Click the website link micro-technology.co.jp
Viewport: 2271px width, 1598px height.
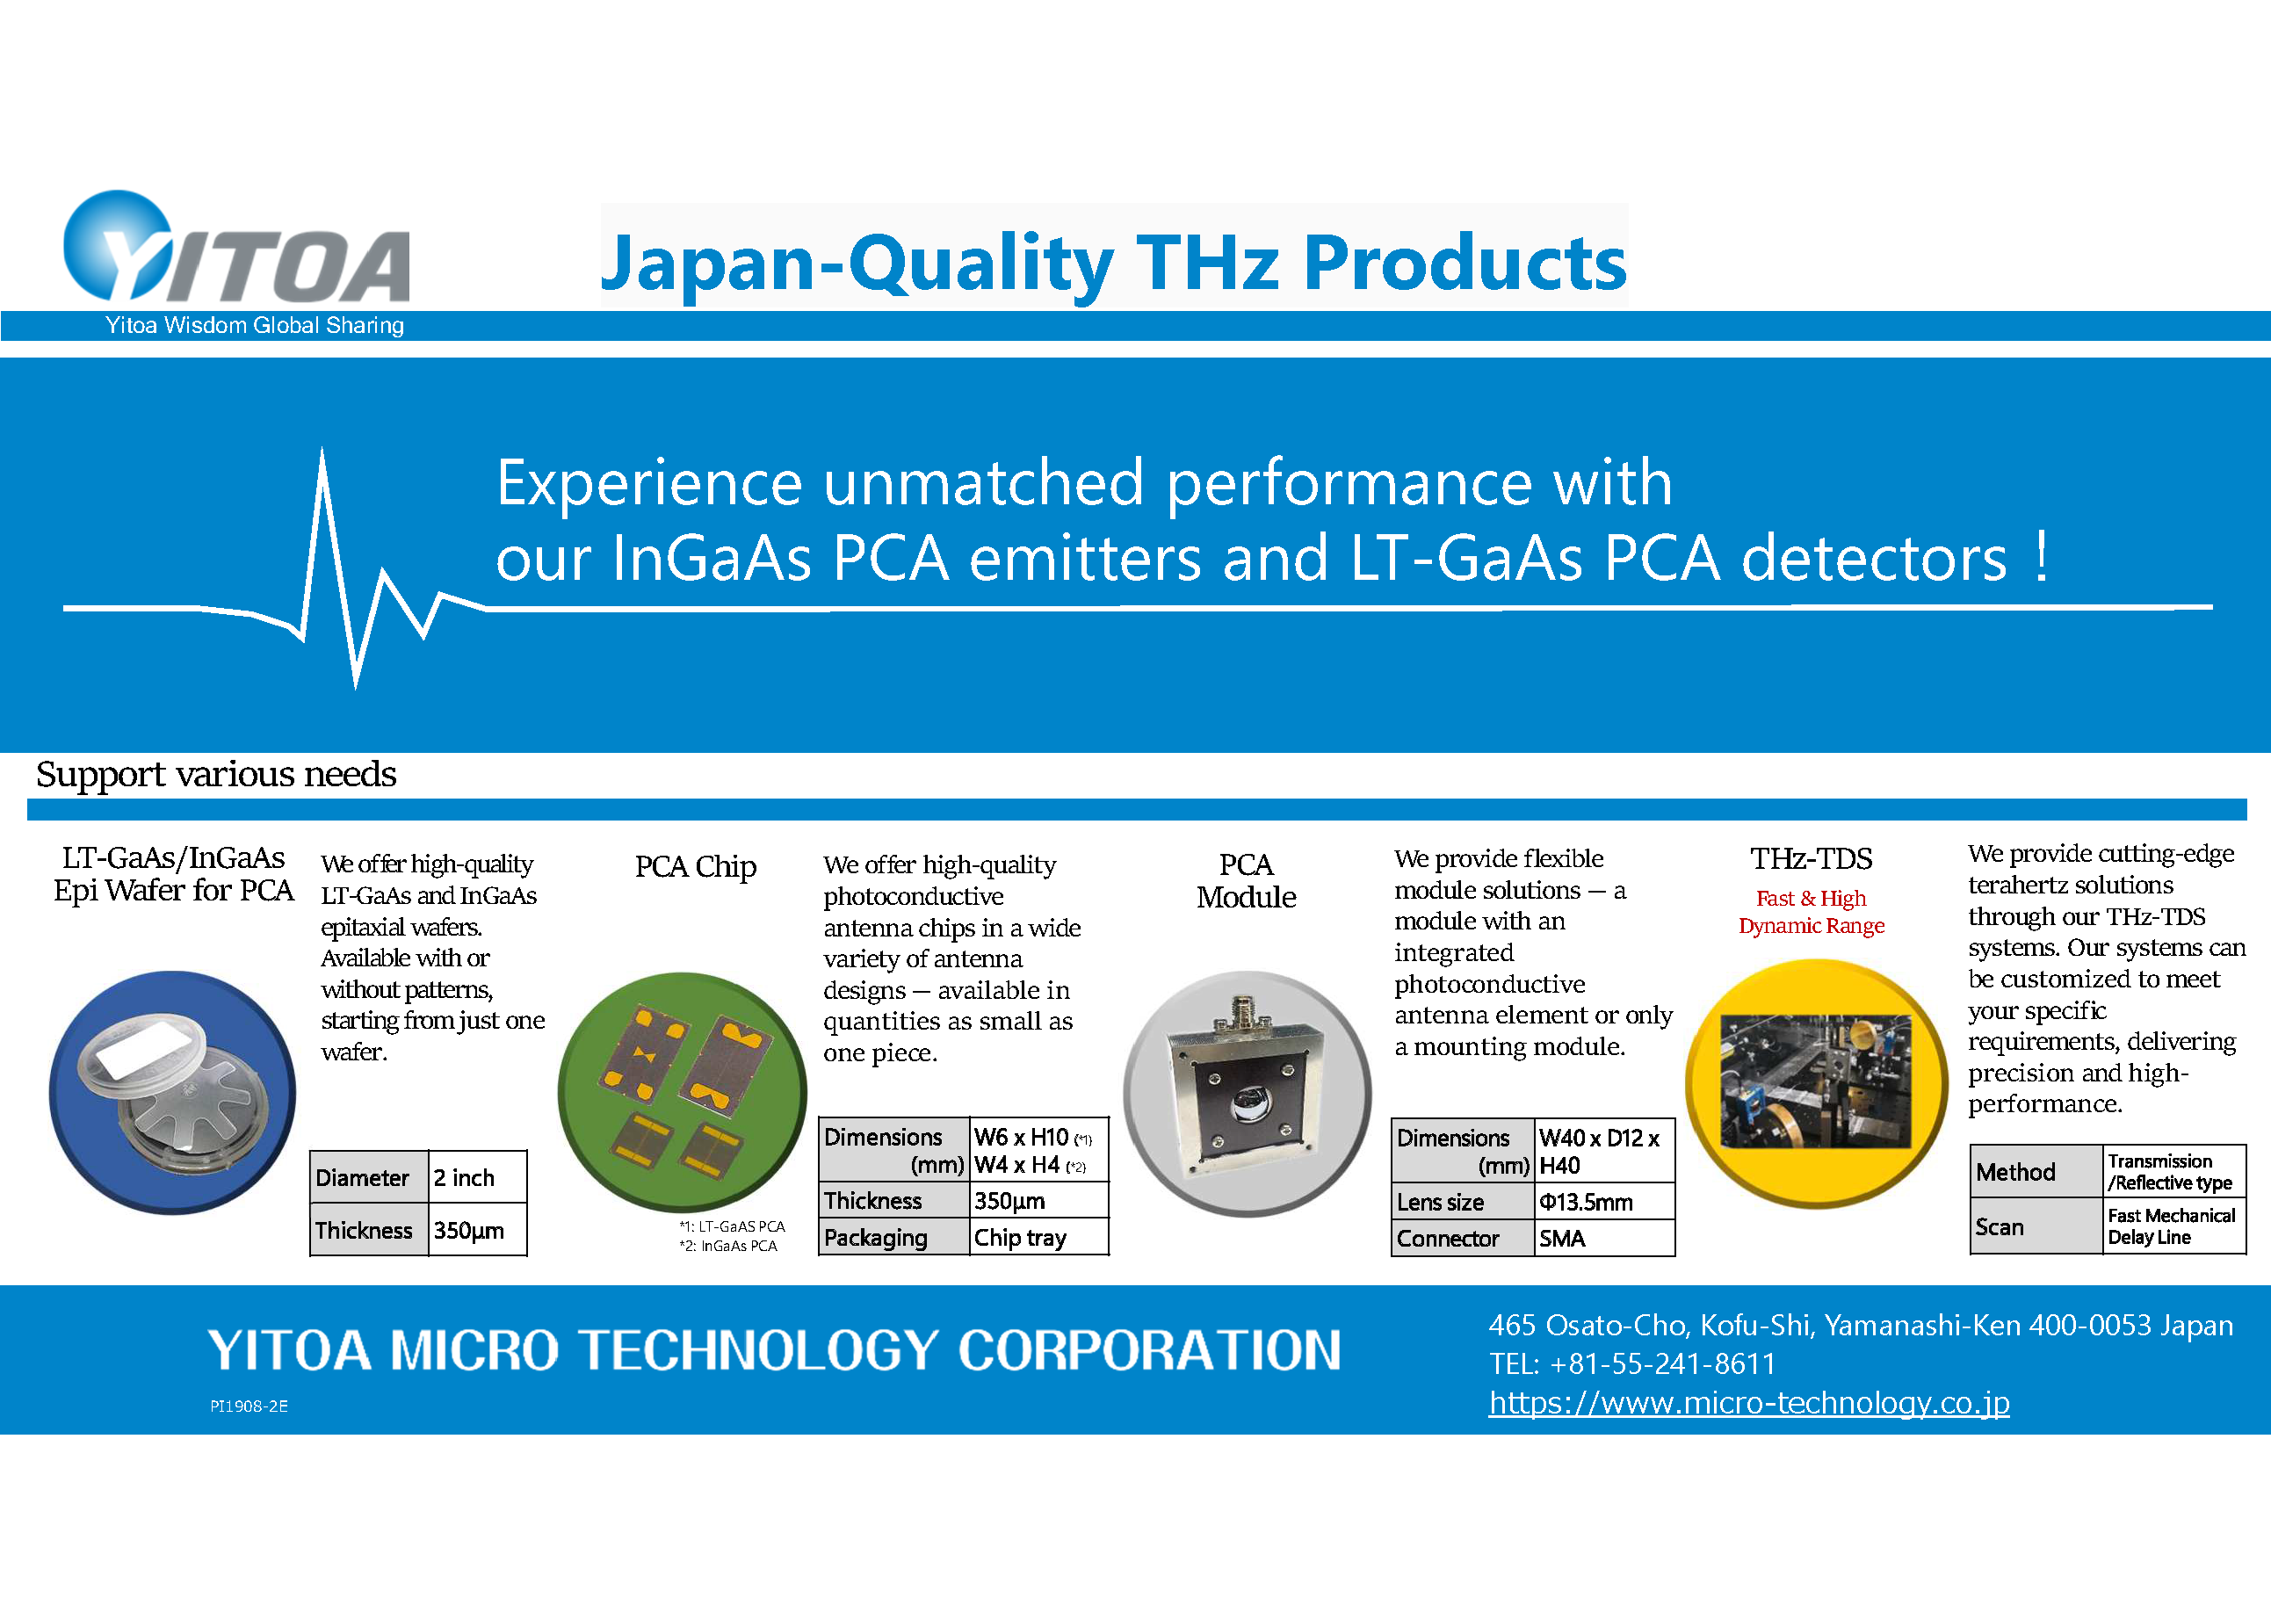1749,1402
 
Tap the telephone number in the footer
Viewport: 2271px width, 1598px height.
1633,1363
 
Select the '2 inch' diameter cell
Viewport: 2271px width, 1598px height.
477,1176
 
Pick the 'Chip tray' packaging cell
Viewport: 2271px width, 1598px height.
1038,1237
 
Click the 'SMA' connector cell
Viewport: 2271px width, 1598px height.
1604,1238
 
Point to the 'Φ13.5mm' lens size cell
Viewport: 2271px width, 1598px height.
1604,1202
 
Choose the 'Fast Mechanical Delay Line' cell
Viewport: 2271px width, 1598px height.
2173,1226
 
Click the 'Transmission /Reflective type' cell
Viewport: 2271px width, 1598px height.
2173,1172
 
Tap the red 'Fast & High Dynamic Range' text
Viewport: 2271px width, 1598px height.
1811,912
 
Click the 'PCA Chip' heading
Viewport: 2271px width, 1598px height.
695,866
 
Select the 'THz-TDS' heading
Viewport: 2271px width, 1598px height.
1811,858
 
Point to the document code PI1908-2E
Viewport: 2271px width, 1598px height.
249,1406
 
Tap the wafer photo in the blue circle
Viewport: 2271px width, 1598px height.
172,1093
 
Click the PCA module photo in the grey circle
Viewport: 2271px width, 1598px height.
1248,1094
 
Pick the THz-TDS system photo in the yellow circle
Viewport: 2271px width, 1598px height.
1816,1083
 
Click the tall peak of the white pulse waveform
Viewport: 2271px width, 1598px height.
322,451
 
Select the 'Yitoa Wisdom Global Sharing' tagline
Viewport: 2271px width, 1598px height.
255,325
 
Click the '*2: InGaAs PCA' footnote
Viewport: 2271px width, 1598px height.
728,1246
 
